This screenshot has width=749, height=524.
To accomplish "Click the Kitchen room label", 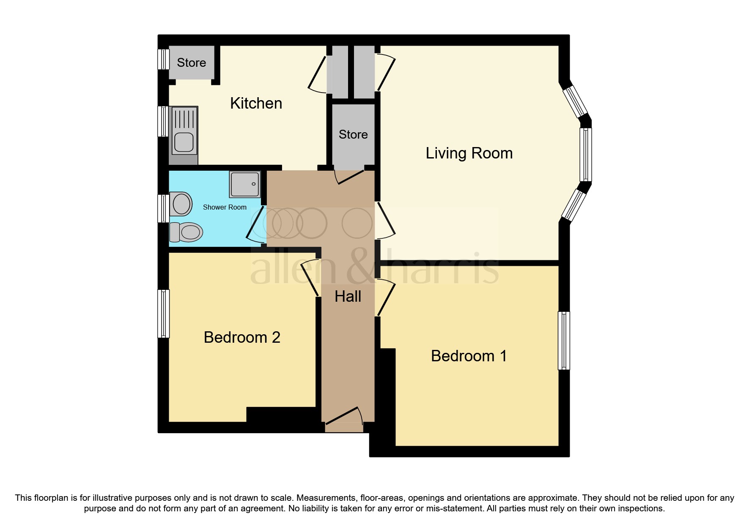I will (256, 103).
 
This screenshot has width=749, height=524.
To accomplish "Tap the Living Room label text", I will (469, 153).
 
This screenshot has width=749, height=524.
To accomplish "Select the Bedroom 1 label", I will (469, 356).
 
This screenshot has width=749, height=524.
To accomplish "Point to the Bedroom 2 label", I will (242, 337).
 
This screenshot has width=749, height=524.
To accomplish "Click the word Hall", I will (348, 296).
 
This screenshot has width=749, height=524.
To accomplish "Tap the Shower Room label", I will (225, 207).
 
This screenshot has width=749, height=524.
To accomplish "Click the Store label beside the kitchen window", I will (191, 63).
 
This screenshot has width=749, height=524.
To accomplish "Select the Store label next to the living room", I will (353, 134).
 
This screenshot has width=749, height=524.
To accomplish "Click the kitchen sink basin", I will (184, 142).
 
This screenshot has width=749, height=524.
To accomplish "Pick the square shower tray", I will (244, 184).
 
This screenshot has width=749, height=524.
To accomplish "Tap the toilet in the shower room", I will (187, 232).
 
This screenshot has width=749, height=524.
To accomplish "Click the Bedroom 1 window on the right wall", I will (564, 340).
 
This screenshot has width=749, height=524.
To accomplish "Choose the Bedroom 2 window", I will (164, 313).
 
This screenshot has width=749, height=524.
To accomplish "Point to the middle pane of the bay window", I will (586, 155).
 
